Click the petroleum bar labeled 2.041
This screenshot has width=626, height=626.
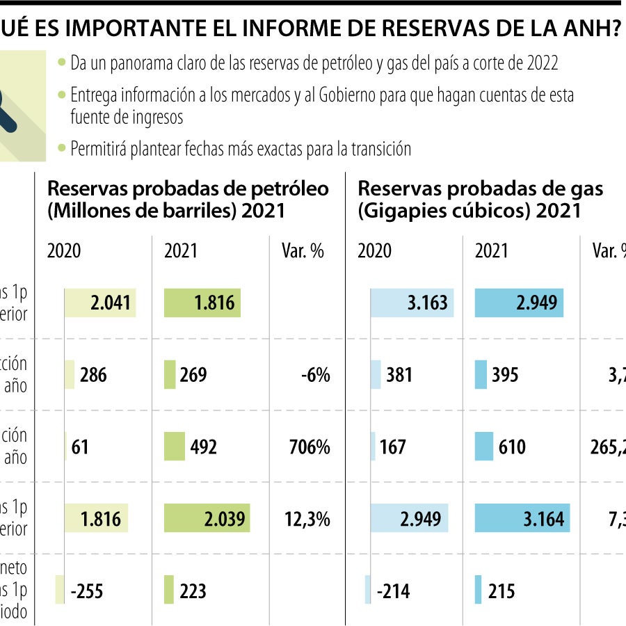click(100, 303)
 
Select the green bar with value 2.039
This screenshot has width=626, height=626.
click(207, 519)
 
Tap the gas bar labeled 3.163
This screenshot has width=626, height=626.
click(412, 303)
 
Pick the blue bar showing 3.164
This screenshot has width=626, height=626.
click(522, 519)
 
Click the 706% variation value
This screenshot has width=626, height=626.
click(310, 447)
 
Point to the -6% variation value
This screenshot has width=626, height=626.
click(315, 376)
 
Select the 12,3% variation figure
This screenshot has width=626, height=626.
click(307, 519)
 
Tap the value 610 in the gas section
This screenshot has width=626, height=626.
click(512, 447)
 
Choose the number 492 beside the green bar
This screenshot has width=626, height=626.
click(203, 447)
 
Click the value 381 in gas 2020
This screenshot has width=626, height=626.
click(399, 376)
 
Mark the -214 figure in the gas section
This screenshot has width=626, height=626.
click(393, 591)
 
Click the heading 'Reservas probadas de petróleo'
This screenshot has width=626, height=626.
click(188, 188)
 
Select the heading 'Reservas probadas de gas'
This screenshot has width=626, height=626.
click(480, 188)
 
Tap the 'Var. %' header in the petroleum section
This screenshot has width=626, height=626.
click(303, 251)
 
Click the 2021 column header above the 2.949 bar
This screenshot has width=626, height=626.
click(492, 251)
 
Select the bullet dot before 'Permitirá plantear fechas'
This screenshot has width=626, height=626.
click(63, 148)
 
